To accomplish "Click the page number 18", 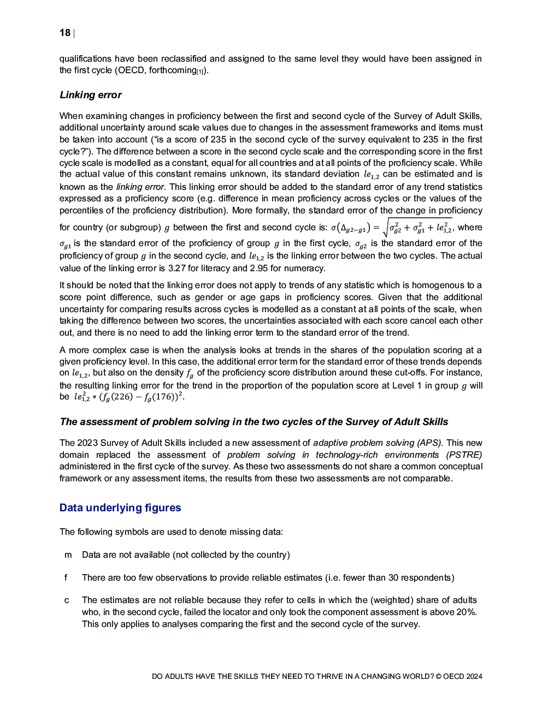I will (65, 33).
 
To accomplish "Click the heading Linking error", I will (90, 95).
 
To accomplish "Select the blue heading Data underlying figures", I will (120, 508).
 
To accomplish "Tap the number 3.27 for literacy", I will (177, 268).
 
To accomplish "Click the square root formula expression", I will (418, 228).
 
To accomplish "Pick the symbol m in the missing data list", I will (68, 555).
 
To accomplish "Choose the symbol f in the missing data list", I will (66, 578).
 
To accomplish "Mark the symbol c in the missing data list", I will (67, 600).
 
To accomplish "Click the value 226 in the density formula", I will (122, 397).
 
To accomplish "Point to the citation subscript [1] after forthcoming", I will (200, 72).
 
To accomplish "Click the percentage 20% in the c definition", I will (466, 612).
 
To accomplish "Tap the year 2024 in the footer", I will (474, 676).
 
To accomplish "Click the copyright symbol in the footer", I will (439, 676).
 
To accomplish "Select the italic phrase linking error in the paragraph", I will (140, 187).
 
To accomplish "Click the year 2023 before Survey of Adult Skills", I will (87, 443).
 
